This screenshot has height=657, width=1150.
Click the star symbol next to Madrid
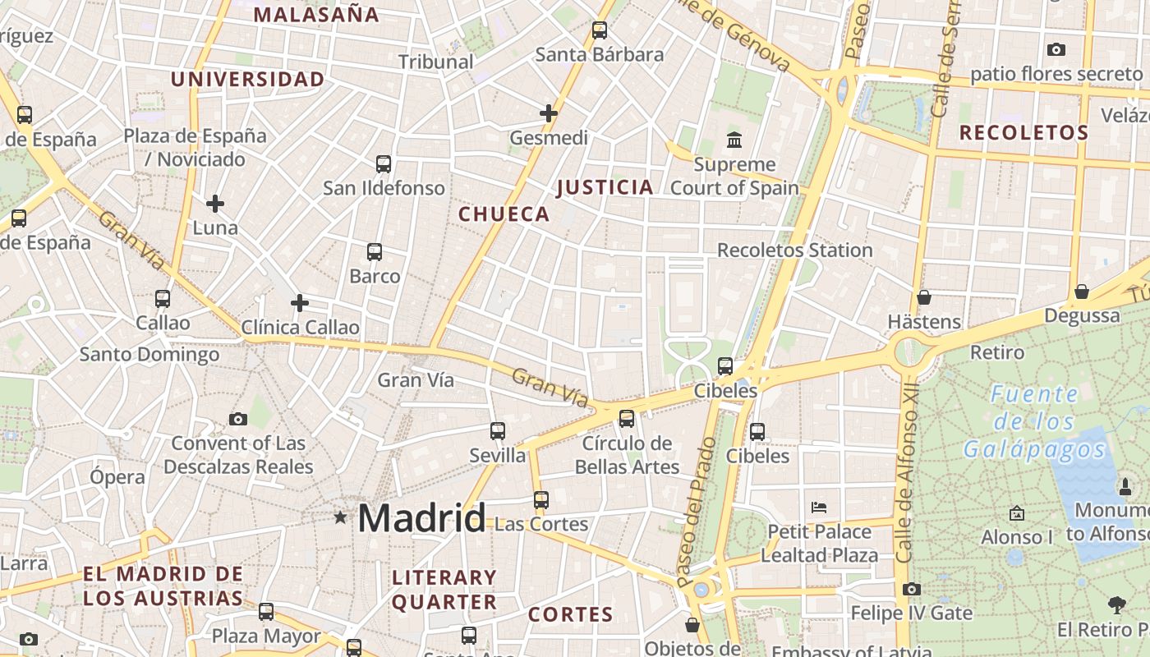340,517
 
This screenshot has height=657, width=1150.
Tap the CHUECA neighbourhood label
504,214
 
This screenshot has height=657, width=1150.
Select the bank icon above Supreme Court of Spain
734,140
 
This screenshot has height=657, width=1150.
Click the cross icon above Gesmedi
549,113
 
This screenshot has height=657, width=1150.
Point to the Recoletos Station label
794,250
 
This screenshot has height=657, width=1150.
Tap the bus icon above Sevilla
498,430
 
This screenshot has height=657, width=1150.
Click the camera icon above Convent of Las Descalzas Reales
238,419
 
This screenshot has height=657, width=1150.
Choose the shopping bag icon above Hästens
924,297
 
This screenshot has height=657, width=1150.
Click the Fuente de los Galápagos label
1034,421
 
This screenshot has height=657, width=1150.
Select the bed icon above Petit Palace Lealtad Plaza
819,507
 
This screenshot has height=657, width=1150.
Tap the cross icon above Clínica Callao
300,303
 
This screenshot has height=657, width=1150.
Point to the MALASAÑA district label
316,14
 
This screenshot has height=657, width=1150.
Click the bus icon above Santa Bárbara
600,30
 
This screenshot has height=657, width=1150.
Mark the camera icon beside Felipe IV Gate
911,589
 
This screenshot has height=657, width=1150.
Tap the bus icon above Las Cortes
540,499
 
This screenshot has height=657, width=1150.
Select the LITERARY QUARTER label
444,590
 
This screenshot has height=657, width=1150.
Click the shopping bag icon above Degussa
1082,292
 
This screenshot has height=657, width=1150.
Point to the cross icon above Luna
215,203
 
